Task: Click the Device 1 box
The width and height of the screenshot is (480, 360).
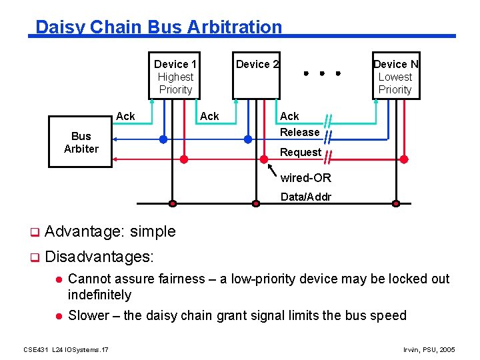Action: tap(175, 76)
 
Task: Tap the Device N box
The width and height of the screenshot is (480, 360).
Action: tap(395, 76)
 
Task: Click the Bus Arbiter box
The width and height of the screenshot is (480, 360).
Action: tap(81, 143)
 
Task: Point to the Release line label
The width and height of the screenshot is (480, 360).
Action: tap(299, 132)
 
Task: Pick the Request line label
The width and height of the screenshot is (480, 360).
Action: tap(300, 152)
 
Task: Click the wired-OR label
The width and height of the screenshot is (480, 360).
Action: tap(305, 178)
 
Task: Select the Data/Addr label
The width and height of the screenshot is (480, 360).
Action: tap(305, 197)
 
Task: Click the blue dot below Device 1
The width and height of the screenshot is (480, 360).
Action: tap(163, 139)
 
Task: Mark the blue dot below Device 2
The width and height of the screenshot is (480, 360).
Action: tap(247, 139)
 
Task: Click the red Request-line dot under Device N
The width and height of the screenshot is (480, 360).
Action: tap(404, 159)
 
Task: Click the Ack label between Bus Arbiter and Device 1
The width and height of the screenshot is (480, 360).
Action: tap(125, 116)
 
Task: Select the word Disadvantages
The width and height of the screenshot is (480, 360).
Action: tap(99, 256)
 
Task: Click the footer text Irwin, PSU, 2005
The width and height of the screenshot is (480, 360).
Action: tap(429, 349)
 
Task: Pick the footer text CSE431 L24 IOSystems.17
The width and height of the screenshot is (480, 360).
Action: tap(66, 349)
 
